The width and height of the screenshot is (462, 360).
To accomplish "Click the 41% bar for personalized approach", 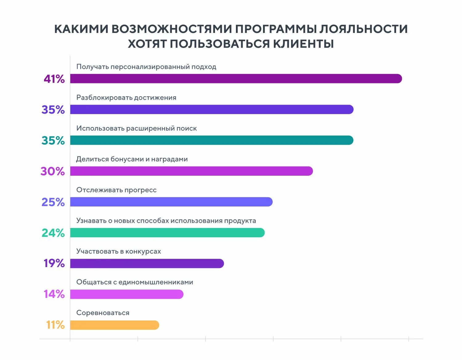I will (236, 79).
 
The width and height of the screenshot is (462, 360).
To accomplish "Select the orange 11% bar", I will (114, 325).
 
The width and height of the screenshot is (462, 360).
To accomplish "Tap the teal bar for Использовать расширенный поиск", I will (211, 140).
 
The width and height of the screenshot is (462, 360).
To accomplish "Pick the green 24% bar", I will (167, 233).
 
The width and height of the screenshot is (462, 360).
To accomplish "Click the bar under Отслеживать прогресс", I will (171, 202).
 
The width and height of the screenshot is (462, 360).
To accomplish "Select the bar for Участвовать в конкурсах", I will (147, 263).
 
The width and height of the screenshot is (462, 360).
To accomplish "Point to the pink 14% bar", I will (126, 294).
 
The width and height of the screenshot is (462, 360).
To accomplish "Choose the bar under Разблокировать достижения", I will (211, 110).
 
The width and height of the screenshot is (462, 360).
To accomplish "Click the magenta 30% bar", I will (191, 171).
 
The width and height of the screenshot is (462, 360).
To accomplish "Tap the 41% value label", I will (54, 79).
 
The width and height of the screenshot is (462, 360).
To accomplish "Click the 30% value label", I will (53, 171).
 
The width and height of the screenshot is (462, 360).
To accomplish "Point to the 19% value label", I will (54, 263).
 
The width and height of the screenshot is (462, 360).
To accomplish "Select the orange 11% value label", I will (55, 325).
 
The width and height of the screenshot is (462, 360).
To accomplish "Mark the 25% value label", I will (53, 202).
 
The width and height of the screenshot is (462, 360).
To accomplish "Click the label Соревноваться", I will (103, 313).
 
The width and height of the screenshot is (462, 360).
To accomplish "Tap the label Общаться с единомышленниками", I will (135, 282).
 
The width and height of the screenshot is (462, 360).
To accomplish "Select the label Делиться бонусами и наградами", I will (132, 159).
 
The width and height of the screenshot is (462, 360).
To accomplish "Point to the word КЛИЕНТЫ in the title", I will (303, 44).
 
